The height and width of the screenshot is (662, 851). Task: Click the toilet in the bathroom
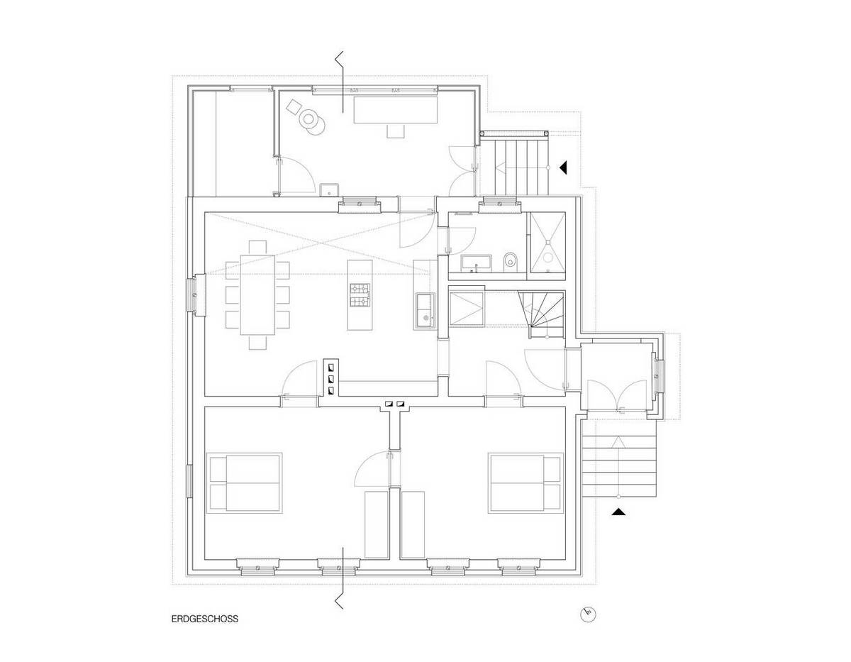(x=511, y=260)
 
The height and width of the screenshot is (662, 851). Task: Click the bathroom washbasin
(x=477, y=263)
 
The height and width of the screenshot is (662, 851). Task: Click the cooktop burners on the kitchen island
(x=360, y=296)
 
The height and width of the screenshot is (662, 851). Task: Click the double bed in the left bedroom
(x=245, y=482)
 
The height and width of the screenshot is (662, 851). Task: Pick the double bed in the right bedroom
(x=525, y=482)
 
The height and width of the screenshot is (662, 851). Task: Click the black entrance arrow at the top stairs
(x=564, y=167)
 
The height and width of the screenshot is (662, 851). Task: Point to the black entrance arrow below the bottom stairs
(x=618, y=512)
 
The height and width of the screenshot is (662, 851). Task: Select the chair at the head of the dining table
(x=257, y=247)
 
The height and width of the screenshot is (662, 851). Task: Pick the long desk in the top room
(x=395, y=111)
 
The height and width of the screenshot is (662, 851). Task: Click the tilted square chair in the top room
(x=294, y=107)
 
